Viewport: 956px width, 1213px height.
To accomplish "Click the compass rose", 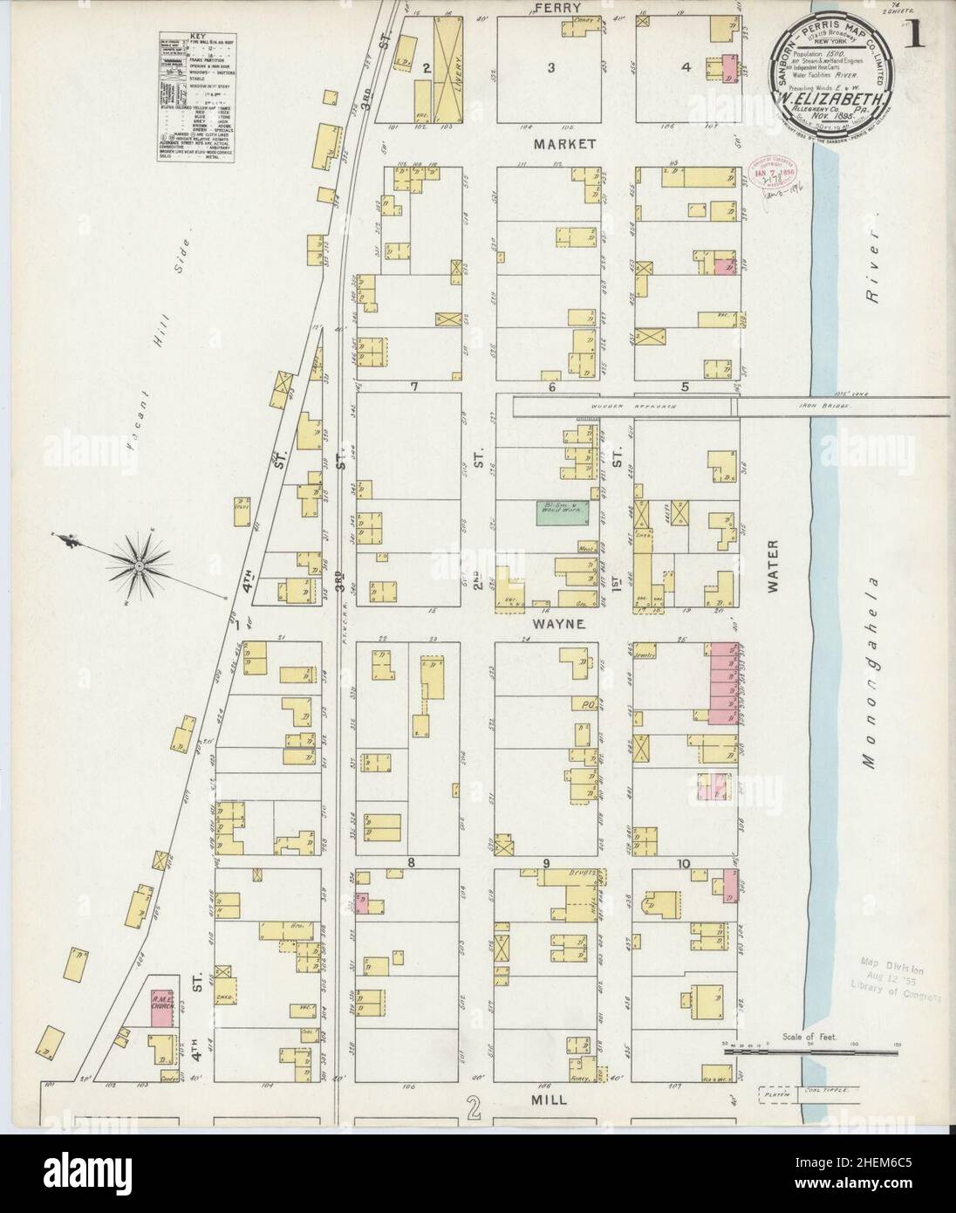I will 138,565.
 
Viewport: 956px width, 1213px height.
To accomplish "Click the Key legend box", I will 196,92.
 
